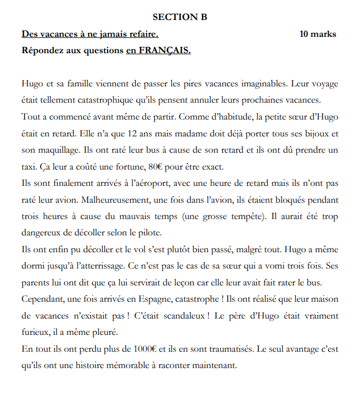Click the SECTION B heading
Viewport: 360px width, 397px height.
click(180, 17)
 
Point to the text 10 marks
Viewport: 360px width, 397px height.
click(317, 34)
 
